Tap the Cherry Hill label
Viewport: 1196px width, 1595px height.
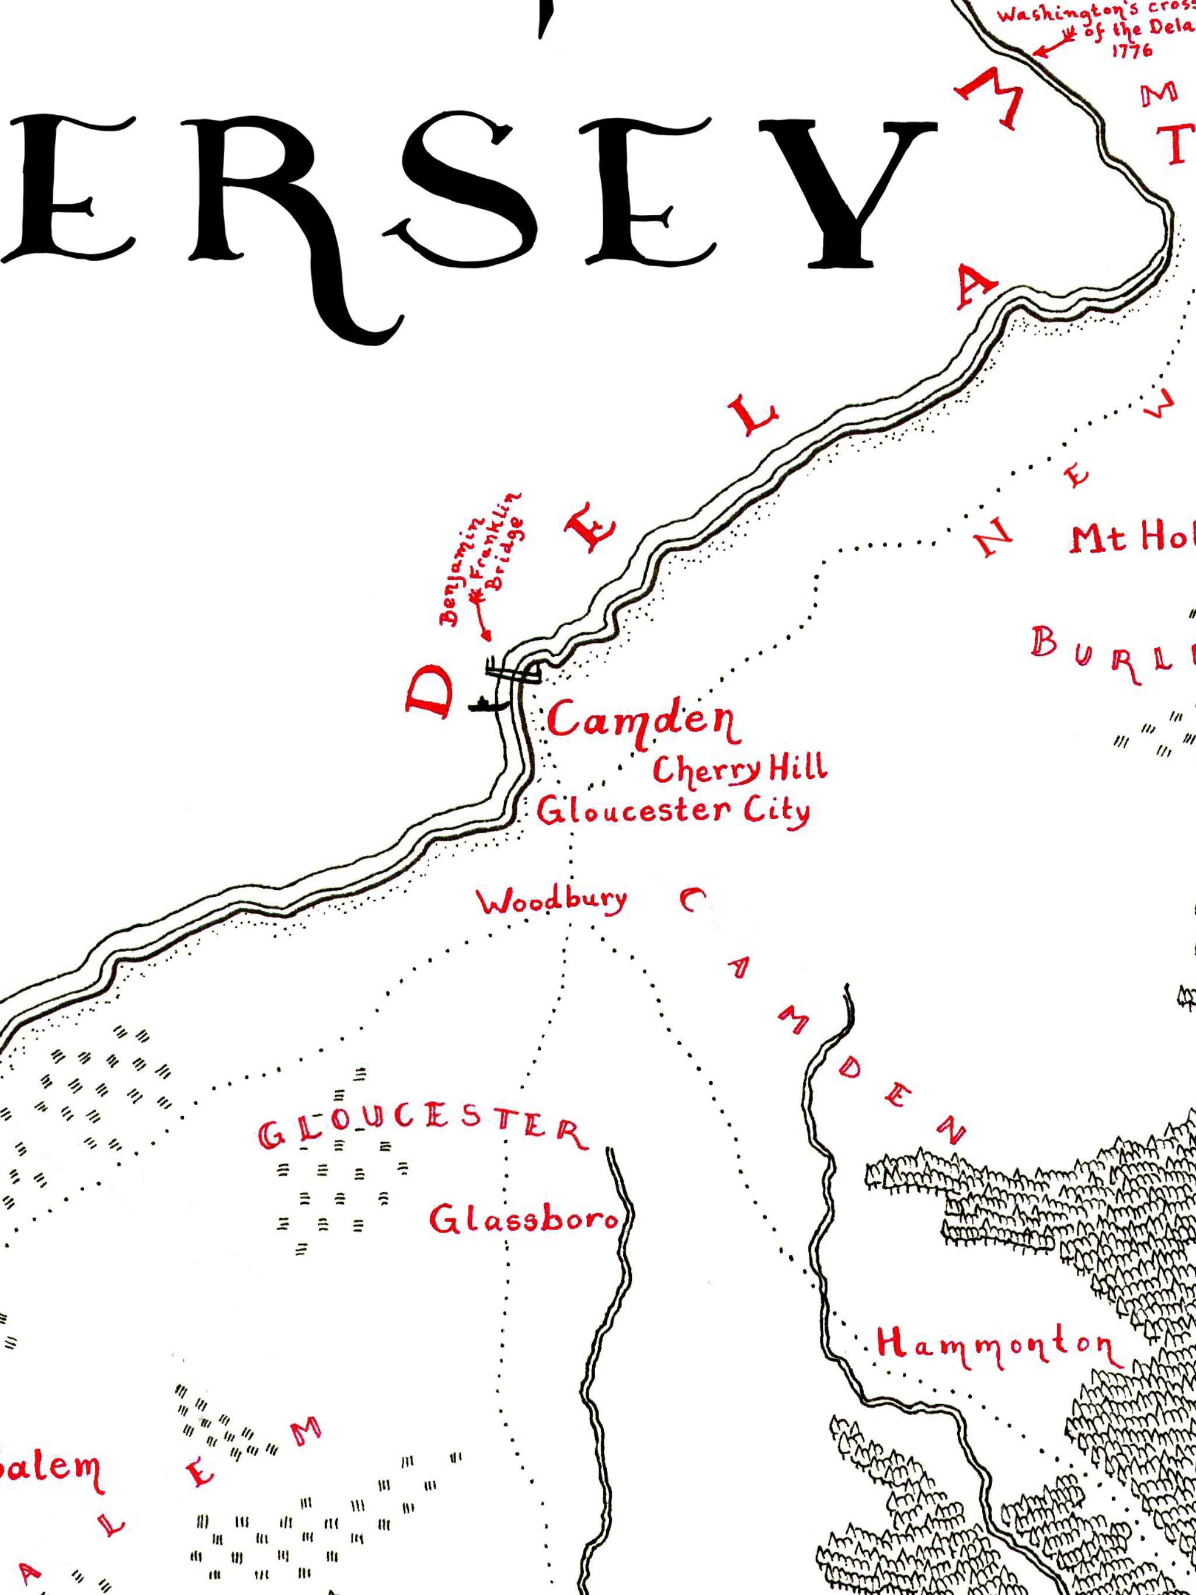point(739,770)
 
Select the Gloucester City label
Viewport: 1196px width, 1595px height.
point(673,812)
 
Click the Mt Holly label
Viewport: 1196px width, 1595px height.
point(1132,539)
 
